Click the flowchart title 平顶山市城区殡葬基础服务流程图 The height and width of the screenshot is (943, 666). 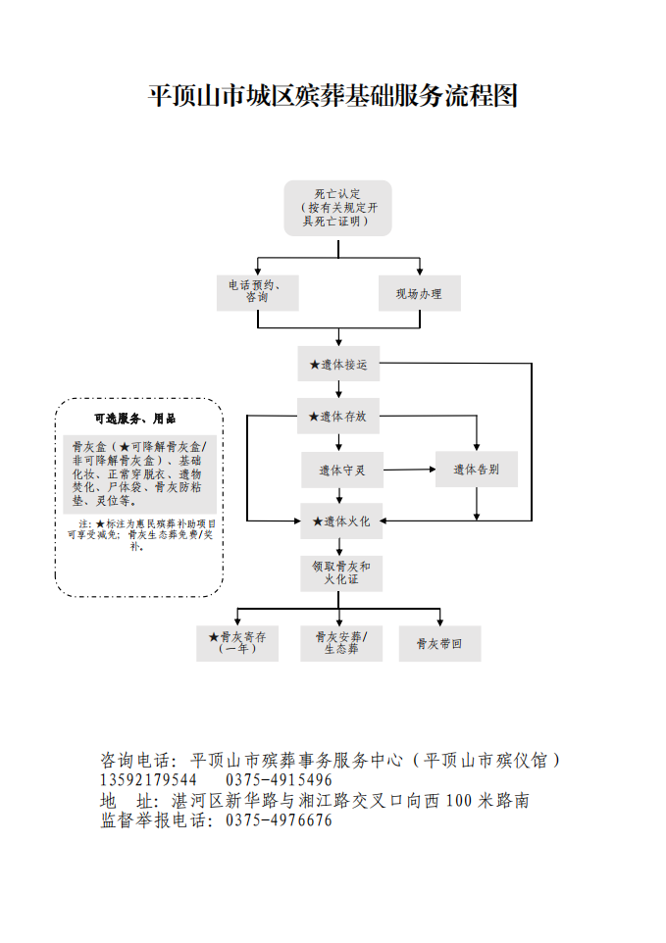(333, 96)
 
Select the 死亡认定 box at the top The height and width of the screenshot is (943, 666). (337, 208)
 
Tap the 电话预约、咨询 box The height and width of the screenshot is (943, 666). (257, 291)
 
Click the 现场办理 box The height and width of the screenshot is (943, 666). (419, 293)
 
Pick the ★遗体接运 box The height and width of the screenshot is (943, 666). (338, 364)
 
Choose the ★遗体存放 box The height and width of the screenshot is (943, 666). (338, 416)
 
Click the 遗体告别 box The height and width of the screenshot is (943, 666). (477, 470)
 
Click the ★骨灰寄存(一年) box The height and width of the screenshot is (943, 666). (237, 643)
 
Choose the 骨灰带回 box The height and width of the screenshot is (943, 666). (439, 643)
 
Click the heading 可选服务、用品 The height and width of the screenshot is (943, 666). (134, 419)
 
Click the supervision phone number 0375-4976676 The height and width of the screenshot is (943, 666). (279, 821)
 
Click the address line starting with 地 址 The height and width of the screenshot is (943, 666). (314, 801)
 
